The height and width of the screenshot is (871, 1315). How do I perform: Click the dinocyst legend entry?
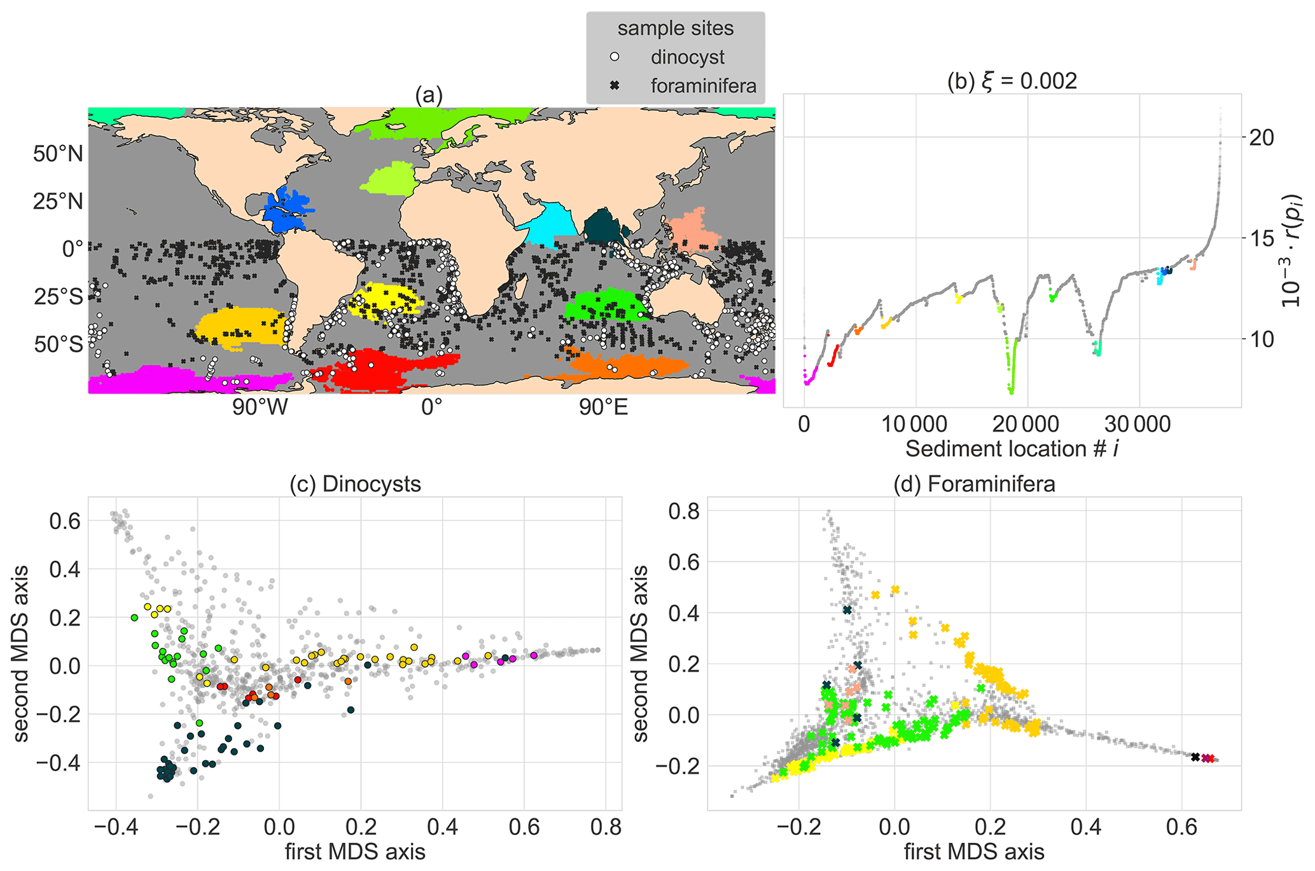[x=687, y=57]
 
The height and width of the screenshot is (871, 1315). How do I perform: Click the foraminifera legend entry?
[x=703, y=86]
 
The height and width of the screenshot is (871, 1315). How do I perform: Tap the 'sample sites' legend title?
[x=675, y=29]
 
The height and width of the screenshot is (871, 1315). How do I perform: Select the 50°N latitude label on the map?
[x=58, y=154]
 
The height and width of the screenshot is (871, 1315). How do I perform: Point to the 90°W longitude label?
[x=259, y=408]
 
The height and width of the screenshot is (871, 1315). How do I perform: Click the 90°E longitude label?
[x=603, y=408]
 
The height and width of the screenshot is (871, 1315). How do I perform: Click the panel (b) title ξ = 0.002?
[x=1012, y=81]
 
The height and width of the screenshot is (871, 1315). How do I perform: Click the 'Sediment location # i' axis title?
[x=1012, y=449]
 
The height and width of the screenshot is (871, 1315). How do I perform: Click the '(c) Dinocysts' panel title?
[x=355, y=484]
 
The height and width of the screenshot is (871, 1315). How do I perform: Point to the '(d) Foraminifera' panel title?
[x=974, y=484]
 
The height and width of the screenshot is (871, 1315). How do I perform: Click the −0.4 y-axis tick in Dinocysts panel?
[x=58, y=763]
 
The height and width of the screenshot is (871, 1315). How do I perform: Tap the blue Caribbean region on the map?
[x=288, y=207]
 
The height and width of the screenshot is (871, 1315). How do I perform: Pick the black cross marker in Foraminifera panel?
[x=1195, y=757]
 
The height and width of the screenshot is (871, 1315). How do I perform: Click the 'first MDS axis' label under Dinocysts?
[x=355, y=852]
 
